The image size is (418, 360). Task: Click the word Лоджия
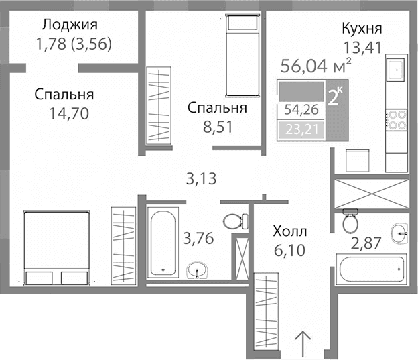(x=70, y=26)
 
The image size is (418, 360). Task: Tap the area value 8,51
(x=217, y=127)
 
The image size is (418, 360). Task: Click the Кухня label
(x=362, y=29)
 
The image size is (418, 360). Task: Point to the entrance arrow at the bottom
(x=303, y=343)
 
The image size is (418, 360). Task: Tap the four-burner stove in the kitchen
(x=397, y=119)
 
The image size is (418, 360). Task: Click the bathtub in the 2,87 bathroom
(x=372, y=269)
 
